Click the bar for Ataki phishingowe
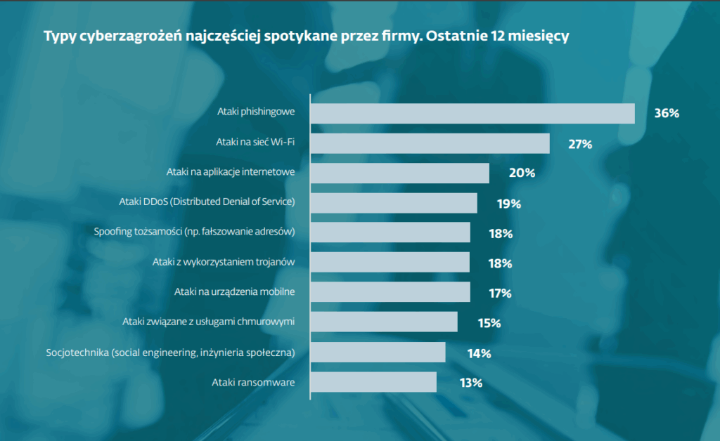(x=472, y=114)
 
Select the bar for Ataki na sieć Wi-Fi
(x=430, y=143)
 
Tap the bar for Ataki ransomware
(x=373, y=382)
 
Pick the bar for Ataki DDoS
(x=394, y=203)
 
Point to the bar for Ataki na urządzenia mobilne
(x=390, y=292)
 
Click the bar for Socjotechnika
(x=378, y=353)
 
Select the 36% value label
(x=666, y=114)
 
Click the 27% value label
(x=580, y=144)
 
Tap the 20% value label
(x=522, y=173)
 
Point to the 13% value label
(x=470, y=383)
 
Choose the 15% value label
(x=489, y=323)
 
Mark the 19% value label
(x=508, y=204)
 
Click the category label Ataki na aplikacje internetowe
(x=230, y=172)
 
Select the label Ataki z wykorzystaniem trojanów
(x=223, y=262)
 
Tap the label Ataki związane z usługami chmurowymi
(x=208, y=322)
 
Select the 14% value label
(x=479, y=353)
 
